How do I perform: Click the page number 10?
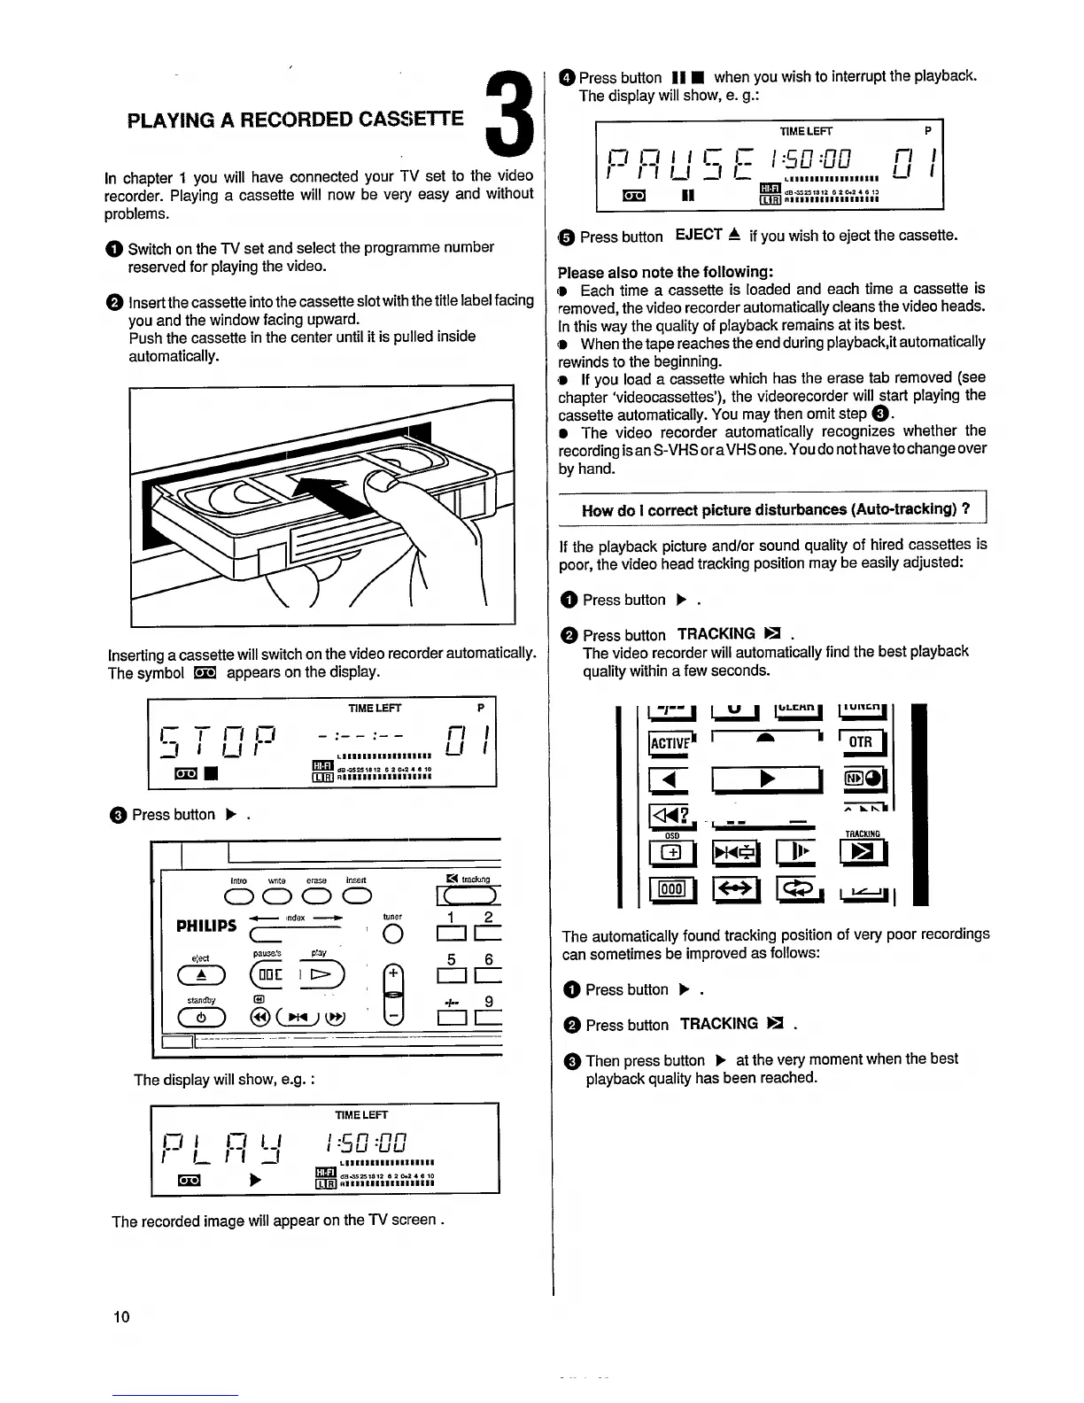(121, 1316)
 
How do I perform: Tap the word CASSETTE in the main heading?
(406, 120)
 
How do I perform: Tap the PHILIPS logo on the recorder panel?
(206, 926)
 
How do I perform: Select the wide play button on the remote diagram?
(768, 779)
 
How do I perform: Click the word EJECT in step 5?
(699, 236)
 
